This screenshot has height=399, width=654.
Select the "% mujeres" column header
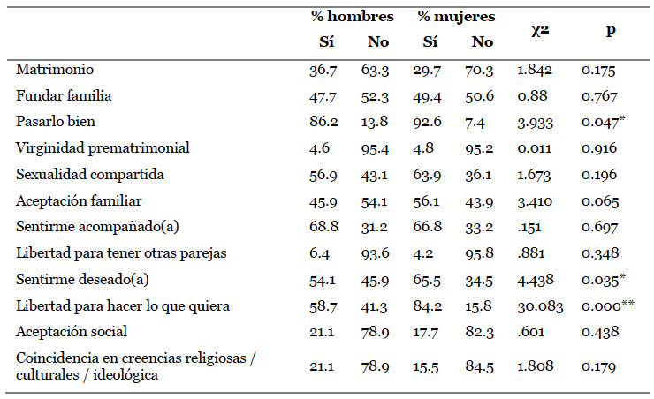pyautogui.click(x=457, y=17)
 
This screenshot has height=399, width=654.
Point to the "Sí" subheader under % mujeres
pyautogui.click(x=430, y=41)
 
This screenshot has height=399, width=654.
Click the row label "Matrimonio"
pyautogui.click(x=55, y=69)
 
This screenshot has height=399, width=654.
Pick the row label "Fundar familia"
pyautogui.click(x=64, y=95)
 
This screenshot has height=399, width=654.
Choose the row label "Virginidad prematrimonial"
pyautogui.click(x=103, y=148)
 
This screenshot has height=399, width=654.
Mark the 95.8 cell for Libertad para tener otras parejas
pyautogui.click(x=483, y=253)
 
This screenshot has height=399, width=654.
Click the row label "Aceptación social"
pyautogui.click(x=72, y=332)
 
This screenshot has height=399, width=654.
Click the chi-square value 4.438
pyautogui.click(x=531, y=280)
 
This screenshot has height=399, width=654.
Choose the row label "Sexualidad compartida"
pyautogui.click(x=90, y=175)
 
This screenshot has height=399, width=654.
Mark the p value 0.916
pyautogui.click(x=598, y=148)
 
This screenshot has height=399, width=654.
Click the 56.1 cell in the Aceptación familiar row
pyautogui.click(x=431, y=200)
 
